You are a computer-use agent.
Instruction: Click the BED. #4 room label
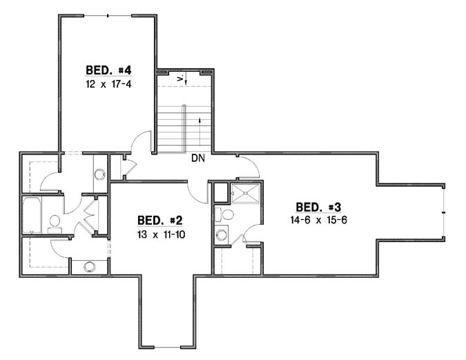(x=109, y=70)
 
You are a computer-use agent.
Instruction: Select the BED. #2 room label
(x=159, y=221)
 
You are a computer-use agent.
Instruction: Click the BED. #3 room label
(x=318, y=207)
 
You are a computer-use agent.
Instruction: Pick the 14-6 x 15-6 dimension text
(x=318, y=220)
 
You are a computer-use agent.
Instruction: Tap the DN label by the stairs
(x=198, y=157)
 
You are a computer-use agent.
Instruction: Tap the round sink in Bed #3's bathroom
(x=222, y=234)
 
